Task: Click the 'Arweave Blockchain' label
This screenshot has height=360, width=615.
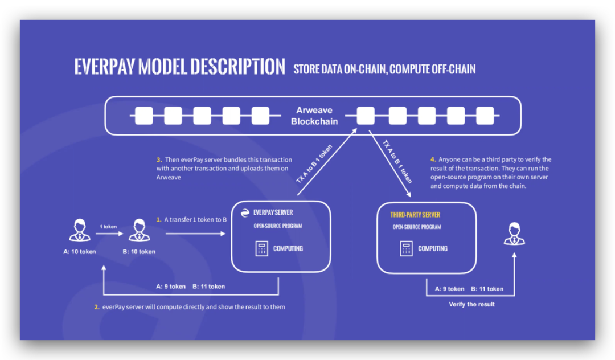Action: tap(314, 116)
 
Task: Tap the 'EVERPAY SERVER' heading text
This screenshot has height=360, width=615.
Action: tap(273, 212)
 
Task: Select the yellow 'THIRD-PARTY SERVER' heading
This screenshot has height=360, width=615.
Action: tap(415, 215)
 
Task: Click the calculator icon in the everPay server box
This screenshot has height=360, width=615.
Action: tap(261, 248)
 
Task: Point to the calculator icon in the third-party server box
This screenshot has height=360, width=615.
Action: tap(406, 248)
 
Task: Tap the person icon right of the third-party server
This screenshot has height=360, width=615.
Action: tap(514, 234)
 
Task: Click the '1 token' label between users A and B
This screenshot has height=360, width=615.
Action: tap(108, 227)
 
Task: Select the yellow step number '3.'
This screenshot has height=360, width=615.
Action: tap(159, 159)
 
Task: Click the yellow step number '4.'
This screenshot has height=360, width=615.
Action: tap(433, 159)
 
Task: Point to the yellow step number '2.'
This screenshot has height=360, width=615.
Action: tap(97, 307)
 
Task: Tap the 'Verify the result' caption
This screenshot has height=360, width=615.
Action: tap(471, 304)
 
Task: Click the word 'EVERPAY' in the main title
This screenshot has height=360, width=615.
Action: tap(105, 67)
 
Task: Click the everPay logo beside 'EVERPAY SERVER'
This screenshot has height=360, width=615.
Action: tap(245, 213)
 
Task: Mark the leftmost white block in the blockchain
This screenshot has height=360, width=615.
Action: tap(144, 116)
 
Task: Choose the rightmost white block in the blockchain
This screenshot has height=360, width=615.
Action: tap(485, 116)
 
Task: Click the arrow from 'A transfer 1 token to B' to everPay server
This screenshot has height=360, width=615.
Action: tap(196, 234)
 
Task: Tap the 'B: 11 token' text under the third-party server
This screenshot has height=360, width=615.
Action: tap(487, 289)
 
